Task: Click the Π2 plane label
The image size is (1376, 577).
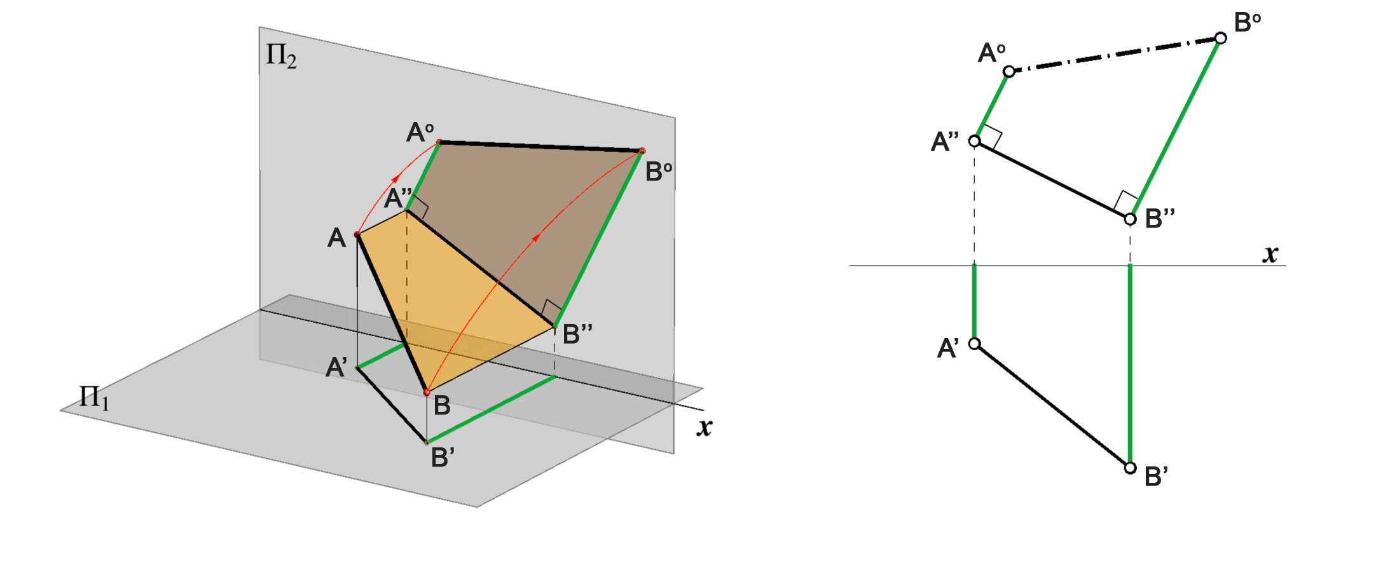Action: [x=281, y=56]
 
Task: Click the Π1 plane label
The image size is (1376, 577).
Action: [x=93, y=398]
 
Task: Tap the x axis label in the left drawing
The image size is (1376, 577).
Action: [x=704, y=427]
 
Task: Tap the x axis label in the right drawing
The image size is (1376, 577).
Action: [x=1270, y=254]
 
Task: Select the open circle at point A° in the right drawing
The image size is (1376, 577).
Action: [x=1009, y=72]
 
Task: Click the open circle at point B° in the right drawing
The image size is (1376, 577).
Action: [x=1220, y=38]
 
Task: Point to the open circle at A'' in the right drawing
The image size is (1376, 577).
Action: [x=974, y=140]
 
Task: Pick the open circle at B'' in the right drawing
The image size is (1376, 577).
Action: [x=1130, y=219]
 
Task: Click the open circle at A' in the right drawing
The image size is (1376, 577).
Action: [x=974, y=344]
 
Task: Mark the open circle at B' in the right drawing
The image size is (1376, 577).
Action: [x=1130, y=468]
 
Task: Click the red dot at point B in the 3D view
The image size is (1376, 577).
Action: [x=427, y=393]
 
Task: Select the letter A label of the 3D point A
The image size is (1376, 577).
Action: [x=336, y=238]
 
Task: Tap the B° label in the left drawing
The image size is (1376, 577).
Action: [x=659, y=172]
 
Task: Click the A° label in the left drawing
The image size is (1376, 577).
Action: [x=420, y=132]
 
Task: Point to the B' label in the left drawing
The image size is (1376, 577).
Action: [x=443, y=458]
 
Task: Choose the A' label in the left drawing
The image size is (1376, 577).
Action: [x=336, y=367]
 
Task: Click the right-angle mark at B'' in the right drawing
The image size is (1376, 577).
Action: [x=1125, y=201]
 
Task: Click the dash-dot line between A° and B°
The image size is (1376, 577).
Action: [x=1115, y=55]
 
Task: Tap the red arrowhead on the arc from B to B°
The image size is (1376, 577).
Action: [x=537, y=237]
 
